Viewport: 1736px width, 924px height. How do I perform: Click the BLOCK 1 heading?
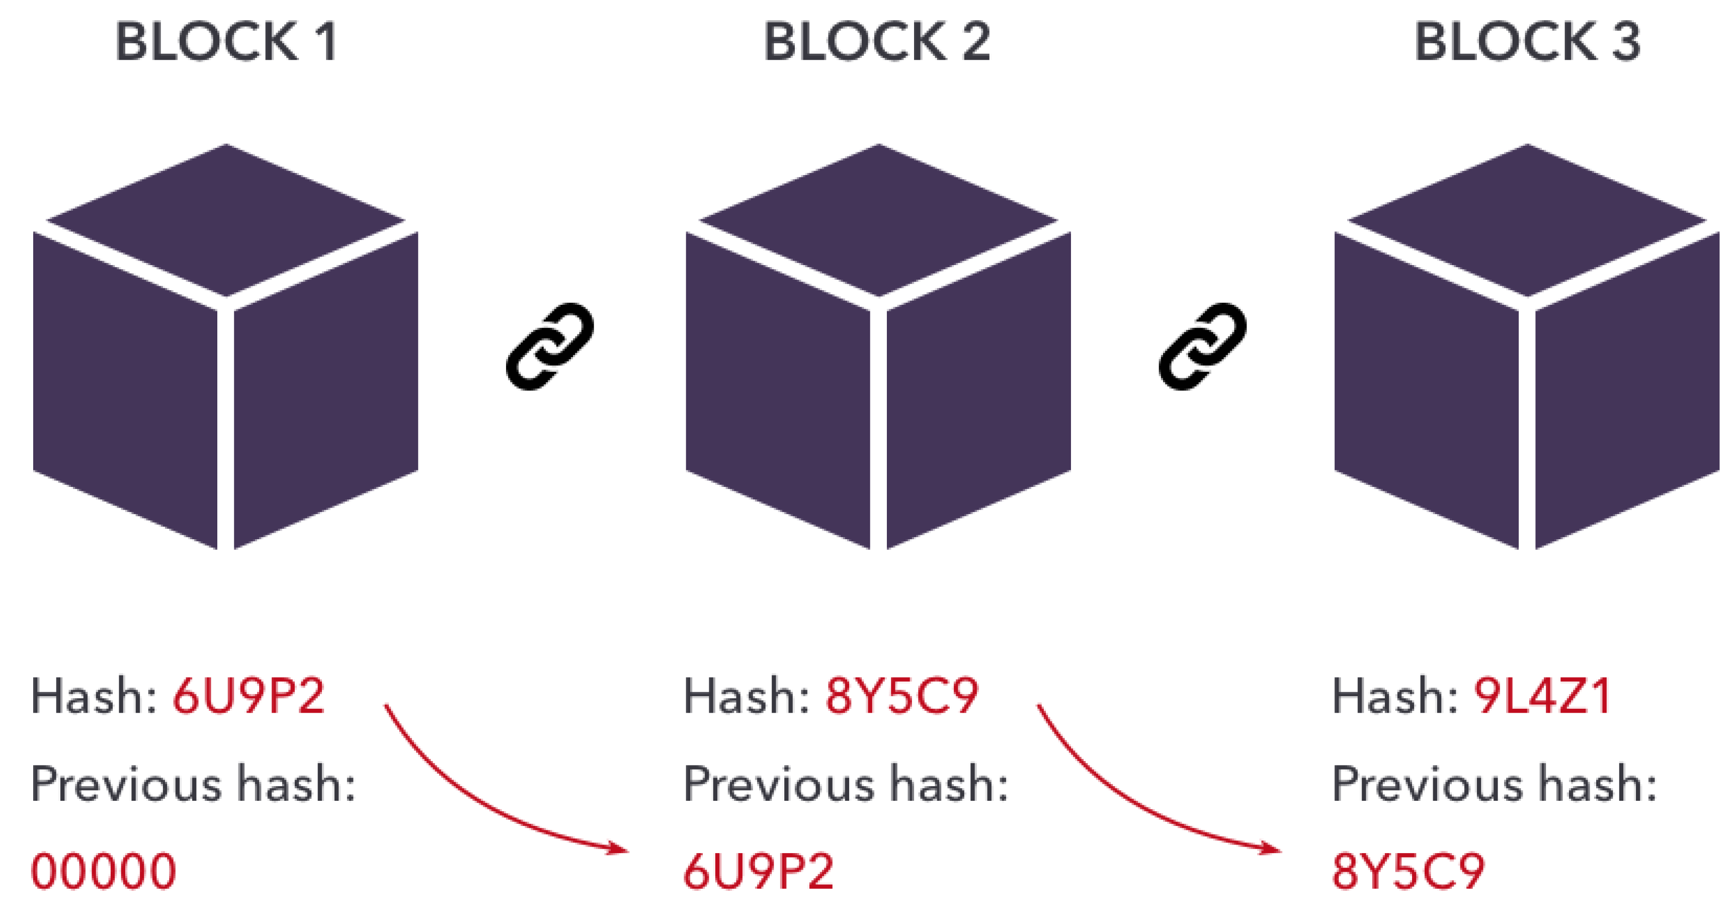click(x=226, y=42)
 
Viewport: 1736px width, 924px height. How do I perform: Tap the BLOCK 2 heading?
click(x=877, y=42)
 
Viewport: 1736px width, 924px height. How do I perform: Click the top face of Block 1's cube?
click(x=226, y=219)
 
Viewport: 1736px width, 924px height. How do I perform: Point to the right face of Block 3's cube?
click(x=1627, y=391)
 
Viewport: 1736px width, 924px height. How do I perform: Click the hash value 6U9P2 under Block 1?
click(x=249, y=696)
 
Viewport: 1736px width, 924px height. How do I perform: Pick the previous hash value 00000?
click(x=104, y=871)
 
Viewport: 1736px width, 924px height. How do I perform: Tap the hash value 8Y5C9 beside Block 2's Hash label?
click(x=901, y=696)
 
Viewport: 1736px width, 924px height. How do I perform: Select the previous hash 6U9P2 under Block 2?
click(x=759, y=871)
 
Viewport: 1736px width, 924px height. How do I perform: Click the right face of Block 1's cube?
click(x=326, y=391)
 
